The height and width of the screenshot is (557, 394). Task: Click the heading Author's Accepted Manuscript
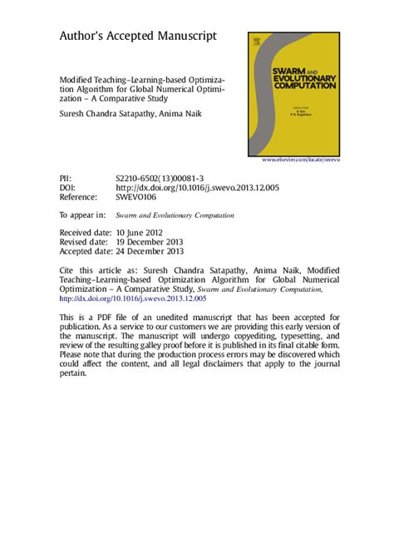pos(138,37)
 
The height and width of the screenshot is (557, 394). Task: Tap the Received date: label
pos(86,234)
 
